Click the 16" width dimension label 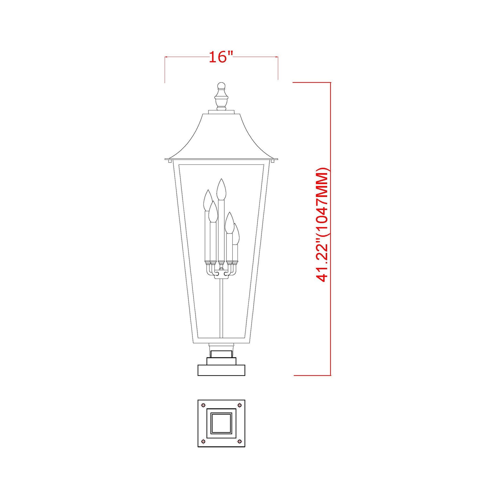pos(221,57)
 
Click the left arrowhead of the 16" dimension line pos(166,57)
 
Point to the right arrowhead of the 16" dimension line pos(277,57)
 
